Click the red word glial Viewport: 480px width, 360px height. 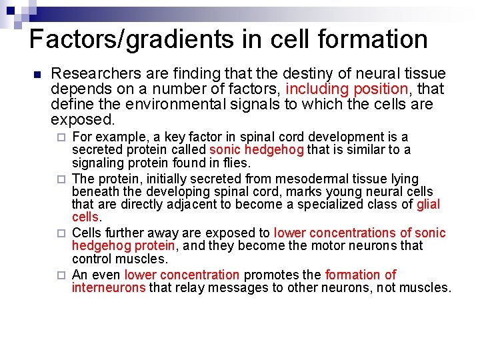428,205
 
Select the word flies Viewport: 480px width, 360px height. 236,163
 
